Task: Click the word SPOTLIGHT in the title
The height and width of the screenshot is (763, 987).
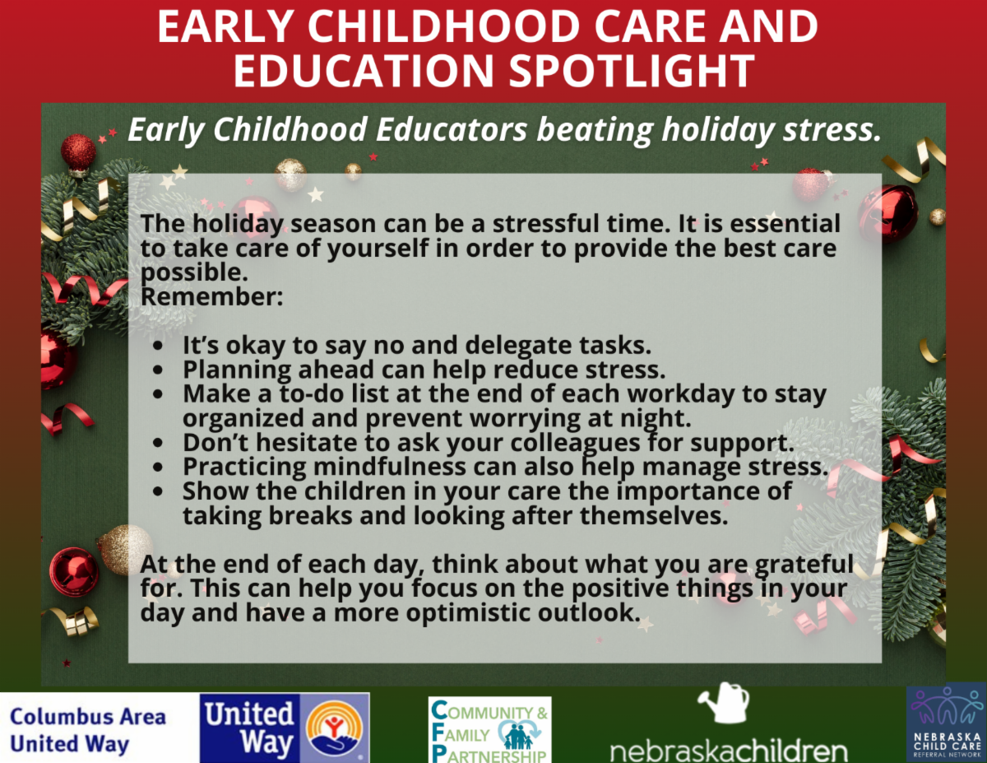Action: pyautogui.click(x=632, y=71)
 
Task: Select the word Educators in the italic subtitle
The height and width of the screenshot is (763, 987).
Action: pyautogui.click(x=452, y=129)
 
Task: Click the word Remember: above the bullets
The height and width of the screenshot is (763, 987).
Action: pyautogui.click(x=211, y=297)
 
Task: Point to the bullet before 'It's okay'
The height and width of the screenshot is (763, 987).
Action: pyautogui.click(x=158, y=346)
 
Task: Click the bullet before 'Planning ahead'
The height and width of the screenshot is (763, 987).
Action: pyautogui.click(x=158, y=370)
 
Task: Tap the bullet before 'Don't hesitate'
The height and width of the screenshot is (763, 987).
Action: pyautogui.click(x=158, y=443)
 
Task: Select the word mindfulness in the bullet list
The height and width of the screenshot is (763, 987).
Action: pyautogui.click(x=390, y=467)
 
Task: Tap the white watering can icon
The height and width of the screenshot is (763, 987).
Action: pyautogui.click(x=724, y=703)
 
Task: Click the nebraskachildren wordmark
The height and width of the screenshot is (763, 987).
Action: pyautogui.click(x=729, y=751)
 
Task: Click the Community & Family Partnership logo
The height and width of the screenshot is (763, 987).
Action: pyautogui.click(x=489, y=730)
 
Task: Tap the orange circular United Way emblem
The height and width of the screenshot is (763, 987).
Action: pyautogui.click(x=334, y=728)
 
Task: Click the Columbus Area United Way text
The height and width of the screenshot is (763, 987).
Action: pyautogui.click(x=88, y=731)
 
